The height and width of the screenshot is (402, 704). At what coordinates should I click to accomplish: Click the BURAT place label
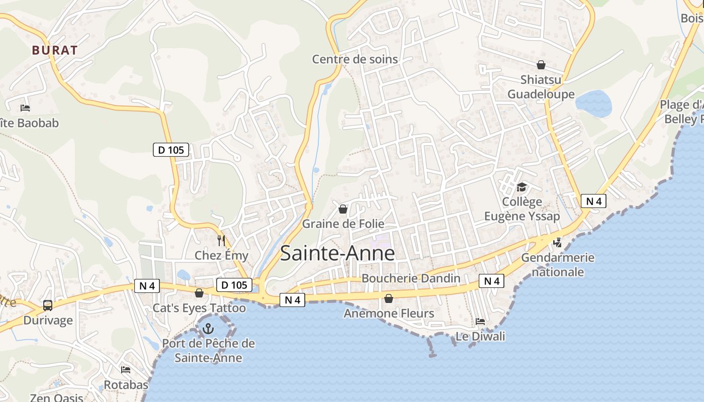pyautogui.click(x=55, y=50)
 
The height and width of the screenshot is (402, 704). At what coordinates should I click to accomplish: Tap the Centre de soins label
pyautogui.click(x=355, y=59)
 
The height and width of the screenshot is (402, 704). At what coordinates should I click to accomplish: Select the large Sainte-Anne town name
pyautogui.click(x=337, y=253)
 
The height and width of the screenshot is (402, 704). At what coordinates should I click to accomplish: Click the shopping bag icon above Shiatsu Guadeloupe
pyautogui.click(x=541, y=65)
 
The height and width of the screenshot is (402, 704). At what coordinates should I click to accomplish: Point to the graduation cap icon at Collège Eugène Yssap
pyautogui.click(x=521, y=187)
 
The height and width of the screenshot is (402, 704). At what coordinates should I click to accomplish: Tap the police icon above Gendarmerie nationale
pyautogui.click(x=557, y=243)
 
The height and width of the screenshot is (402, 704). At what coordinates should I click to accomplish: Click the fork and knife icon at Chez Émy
pyautogui.click(x=221, y=241)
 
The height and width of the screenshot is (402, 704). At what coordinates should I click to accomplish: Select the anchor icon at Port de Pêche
pyautogui.click(x=208, y=329)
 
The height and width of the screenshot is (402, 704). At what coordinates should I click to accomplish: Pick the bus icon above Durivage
pyautogui.click(x=48, y=305)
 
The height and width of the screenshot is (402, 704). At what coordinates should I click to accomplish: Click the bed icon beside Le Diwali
pyautogui.click(x=480, y=322)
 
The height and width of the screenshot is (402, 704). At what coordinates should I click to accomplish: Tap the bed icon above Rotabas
pyautogui.click(x=126, y=370)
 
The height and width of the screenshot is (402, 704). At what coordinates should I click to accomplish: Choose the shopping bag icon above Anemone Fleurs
pyautogui.click(x=389, y=299)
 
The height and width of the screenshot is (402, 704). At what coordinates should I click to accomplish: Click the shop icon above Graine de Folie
pyautogui.click(x=343, y=209)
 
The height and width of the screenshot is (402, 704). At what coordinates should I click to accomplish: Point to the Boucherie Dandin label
pyautogui.click(x=411, y=278)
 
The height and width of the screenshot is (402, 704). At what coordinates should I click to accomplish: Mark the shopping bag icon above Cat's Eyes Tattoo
pyautogui.click(x=199, y=293)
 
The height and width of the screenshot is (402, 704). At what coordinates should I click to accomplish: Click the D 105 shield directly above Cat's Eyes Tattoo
pyautogui.click(x=234, y=285)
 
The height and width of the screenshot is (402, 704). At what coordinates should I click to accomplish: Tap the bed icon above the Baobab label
pyautogui.click(x=25, y=108)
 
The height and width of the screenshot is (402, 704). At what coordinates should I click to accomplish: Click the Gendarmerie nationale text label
pyautogui.click(x=558, y=265)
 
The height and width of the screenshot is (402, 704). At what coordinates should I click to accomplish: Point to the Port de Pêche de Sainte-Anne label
pyautogui.click(x=208, y=351)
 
